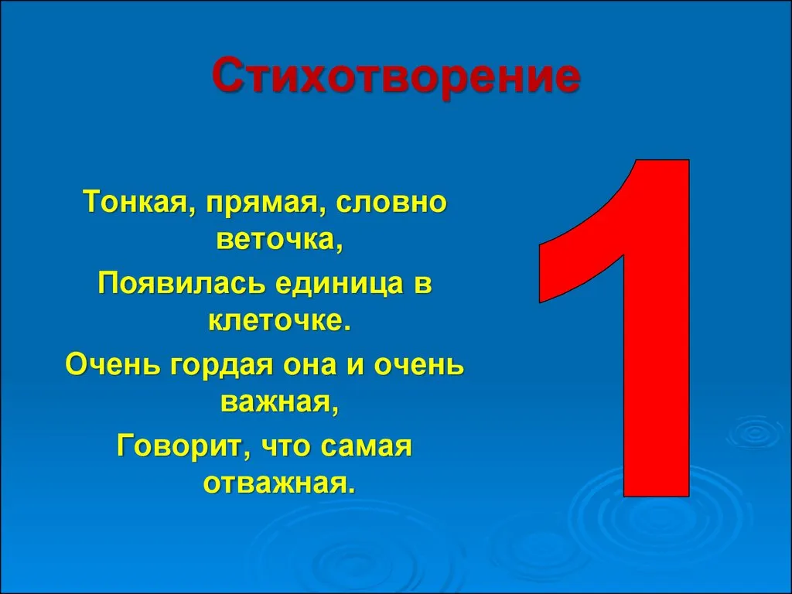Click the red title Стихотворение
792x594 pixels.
[x=395, y=77]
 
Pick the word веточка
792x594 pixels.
[x=279, y=241]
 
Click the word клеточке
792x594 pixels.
[x=279, y=321]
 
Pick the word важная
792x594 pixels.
[x=279, y=403]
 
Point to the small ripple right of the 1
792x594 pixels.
[x=756, y=433]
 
